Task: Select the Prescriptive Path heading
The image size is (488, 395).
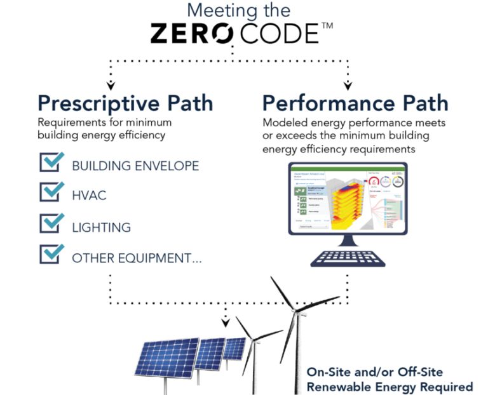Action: pos(125,103)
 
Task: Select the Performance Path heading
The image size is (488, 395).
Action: pos(355,103)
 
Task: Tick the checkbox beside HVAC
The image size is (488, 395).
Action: pos(51,192)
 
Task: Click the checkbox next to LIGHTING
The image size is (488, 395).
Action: pos(51,223)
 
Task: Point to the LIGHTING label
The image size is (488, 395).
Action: pos(101,227)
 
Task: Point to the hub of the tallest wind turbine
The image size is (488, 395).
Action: pos(296,311)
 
